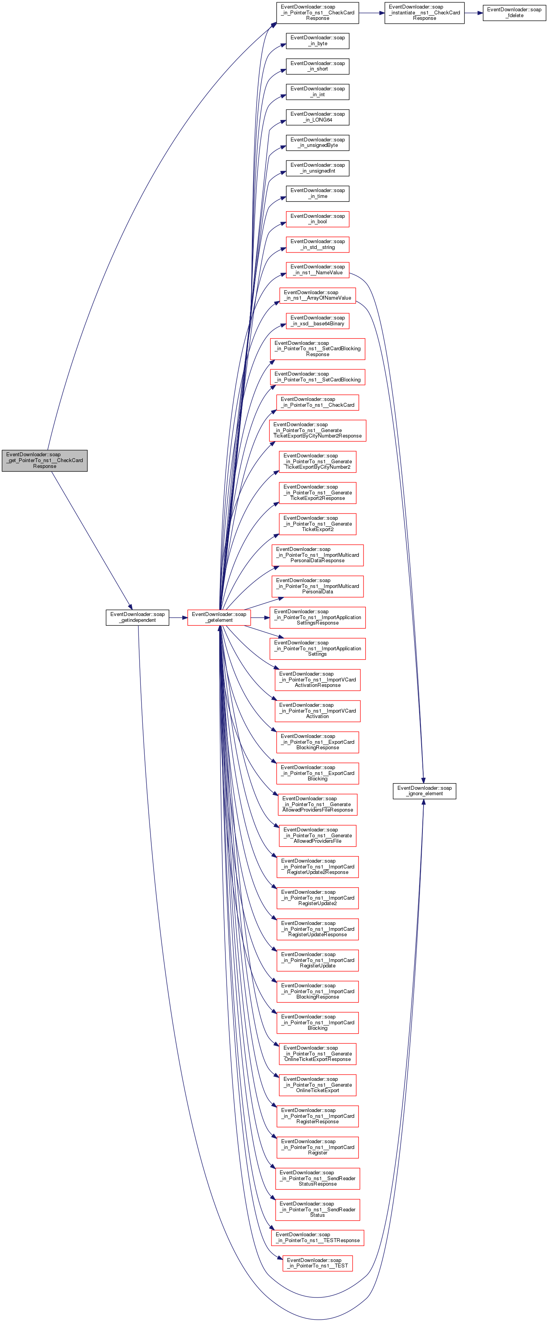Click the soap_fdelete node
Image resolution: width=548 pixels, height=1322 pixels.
(x=514, y=12)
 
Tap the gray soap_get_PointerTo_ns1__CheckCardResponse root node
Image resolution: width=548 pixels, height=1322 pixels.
(x=45, y=460)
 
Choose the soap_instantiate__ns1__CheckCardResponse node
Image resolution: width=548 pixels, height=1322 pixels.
(x=424, y=12)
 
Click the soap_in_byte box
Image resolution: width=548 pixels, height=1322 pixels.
(x=317, y=41)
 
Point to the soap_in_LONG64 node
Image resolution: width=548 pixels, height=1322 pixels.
(x=317, y=117)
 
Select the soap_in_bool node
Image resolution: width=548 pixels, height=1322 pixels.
(x=317, y=219)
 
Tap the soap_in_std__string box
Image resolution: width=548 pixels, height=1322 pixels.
(x=317, y=244)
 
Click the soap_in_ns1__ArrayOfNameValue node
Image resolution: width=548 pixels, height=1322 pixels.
(x=317, y=295)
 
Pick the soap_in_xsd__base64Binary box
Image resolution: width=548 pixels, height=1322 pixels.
(x=317, y=321)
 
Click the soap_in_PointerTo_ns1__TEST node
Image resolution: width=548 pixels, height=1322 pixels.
(x=317, y=1263)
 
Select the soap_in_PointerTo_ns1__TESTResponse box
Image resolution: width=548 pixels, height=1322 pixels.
(x=317, y=1237)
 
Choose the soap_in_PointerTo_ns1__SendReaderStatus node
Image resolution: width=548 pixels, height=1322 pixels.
(x=317, y=1209)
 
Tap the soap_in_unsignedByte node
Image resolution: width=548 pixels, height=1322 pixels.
(x=317, y=142)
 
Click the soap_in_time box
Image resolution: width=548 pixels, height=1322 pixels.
(x=317, y=194)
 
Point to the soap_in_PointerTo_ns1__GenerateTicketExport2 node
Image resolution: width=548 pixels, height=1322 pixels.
(x=317, y=524)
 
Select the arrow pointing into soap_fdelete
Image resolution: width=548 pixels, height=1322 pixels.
(x=474, y=12)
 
